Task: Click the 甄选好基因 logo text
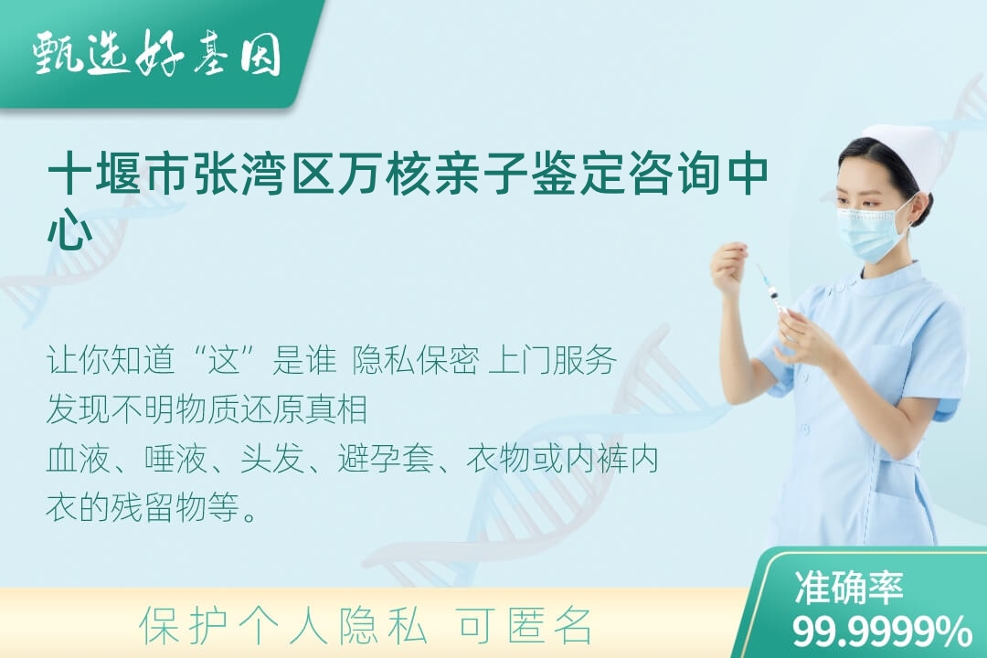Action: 157,54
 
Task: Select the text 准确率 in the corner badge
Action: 848,587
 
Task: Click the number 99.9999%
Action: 881,631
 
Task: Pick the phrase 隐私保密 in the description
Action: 416,361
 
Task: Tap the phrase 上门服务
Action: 552,361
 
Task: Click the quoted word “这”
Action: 225,361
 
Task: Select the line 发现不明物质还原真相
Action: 207,409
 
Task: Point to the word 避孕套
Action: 386,459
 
